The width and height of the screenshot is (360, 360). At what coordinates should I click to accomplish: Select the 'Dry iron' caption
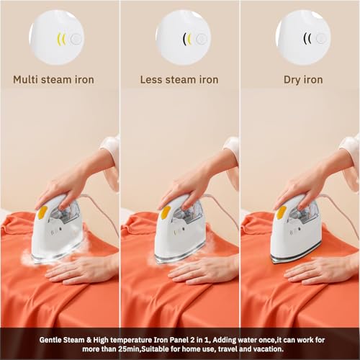299,78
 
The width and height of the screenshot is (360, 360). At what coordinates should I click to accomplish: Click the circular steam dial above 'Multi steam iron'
57,37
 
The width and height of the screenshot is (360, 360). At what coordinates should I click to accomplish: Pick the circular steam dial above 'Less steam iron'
183,37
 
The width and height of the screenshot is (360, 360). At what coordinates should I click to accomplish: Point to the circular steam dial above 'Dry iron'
303,37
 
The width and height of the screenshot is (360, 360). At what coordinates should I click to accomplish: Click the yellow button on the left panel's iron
42,212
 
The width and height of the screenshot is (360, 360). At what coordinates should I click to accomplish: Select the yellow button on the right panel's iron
281,212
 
